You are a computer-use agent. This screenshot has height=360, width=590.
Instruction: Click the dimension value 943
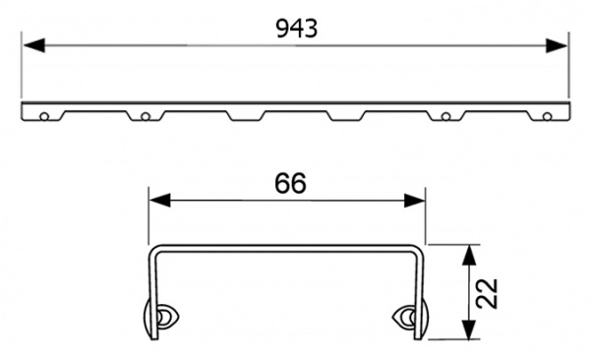[296, 29]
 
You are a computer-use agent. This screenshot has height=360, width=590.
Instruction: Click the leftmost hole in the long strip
[44, 116]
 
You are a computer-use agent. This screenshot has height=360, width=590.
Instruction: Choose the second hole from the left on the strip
[145, 116]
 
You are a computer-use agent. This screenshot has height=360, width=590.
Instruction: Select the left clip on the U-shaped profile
[159, 317]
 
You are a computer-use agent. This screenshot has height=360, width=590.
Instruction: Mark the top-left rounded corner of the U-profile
[152, 250]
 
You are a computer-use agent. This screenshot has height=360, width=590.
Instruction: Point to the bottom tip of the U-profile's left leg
[149, 337]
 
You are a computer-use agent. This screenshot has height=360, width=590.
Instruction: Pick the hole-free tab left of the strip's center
[245, 115]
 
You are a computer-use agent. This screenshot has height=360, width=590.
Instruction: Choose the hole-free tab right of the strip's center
[345, 115]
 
